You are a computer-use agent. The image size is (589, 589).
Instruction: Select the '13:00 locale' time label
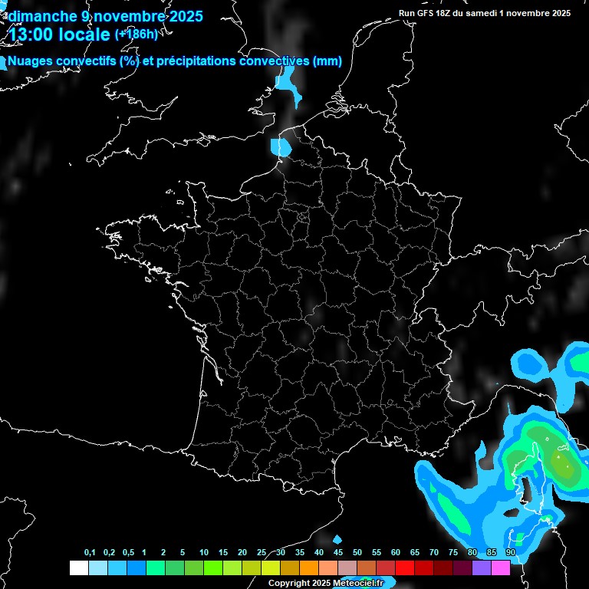point(59,35)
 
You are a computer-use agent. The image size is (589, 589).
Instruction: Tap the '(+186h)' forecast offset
point(136,34)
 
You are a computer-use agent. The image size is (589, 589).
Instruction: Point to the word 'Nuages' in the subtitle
point(29,61)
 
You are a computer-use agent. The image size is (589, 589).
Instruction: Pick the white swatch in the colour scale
point(78,568)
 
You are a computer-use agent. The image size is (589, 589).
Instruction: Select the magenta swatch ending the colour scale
point(501,568)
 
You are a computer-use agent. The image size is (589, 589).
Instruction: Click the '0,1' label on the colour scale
point(90,552)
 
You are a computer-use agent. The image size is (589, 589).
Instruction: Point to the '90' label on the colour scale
point(510,552)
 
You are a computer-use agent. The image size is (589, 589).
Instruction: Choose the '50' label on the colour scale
point(357,552)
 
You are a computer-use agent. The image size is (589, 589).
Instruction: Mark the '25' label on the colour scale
point(262,552)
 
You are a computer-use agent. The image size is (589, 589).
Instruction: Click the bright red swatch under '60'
point(405,568)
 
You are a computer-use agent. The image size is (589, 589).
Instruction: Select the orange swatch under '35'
point(308,568)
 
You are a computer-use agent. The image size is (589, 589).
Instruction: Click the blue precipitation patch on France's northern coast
point(281,146)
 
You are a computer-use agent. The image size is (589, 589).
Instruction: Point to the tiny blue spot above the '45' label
point(337,539)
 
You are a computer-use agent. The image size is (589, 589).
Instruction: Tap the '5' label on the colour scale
point(183,552)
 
